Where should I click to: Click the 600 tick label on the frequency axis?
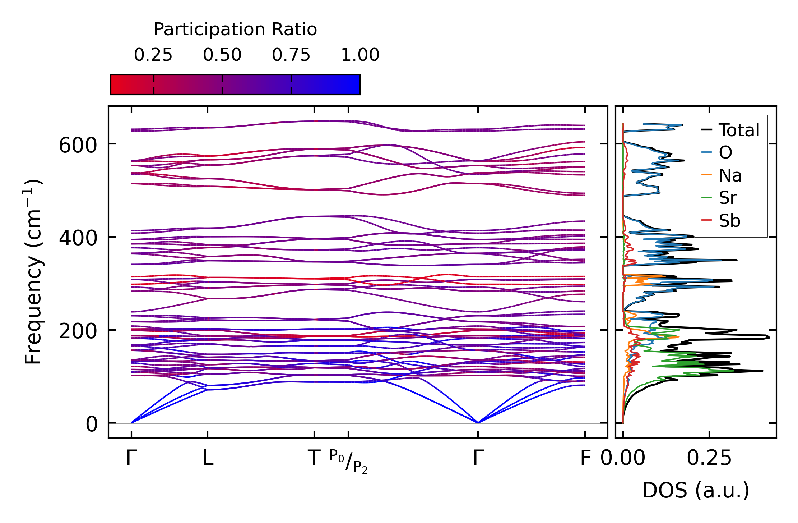[78, 146]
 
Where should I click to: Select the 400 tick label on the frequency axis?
[78, 238]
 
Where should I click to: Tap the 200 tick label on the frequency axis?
[78, 331]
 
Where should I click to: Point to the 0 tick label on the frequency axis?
[92, 425]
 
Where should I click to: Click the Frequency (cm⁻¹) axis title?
[33, 272]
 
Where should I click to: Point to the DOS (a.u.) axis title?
[696, 491]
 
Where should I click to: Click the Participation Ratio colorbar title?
[235, 29]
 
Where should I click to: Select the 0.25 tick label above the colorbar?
[153, 55]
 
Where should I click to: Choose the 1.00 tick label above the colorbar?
[360, 55]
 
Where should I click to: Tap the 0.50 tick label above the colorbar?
[222, 55]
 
